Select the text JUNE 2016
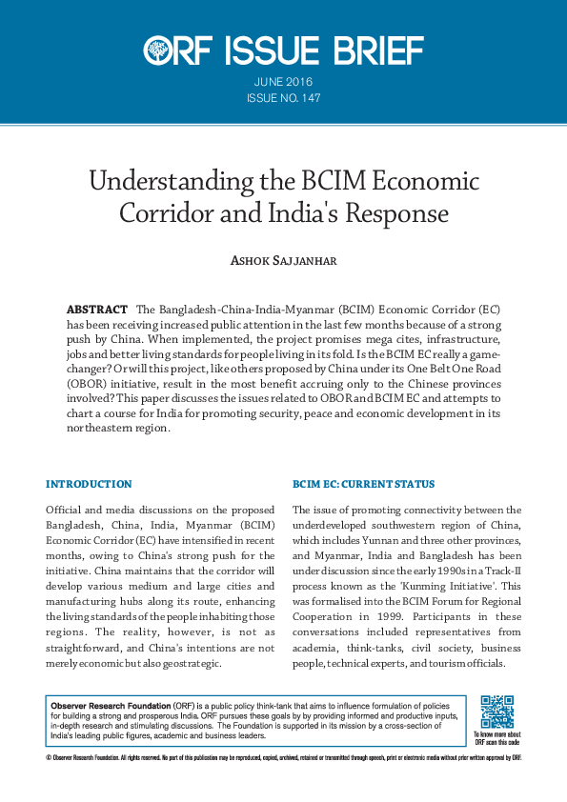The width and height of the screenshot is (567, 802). tap(283, 82)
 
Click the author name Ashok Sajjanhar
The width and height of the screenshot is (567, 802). tap(283, 261)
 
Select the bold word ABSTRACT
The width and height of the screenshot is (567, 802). tap(97, 311)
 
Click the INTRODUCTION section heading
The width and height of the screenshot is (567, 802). tap(89, 485)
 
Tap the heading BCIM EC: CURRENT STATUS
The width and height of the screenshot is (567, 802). tap(363, 485)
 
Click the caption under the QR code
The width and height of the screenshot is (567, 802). tap(496, 738)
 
